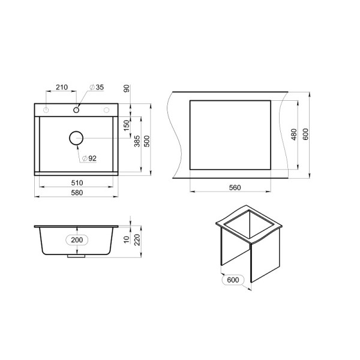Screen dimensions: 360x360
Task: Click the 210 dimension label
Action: click(62, 87)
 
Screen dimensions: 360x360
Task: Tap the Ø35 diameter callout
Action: click(97, 87)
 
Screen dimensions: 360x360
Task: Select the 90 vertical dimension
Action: click(127, 88)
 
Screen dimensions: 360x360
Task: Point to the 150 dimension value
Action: click(127, 125)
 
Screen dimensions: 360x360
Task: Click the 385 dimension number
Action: click(137, 141)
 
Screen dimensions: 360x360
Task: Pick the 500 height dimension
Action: click(147, 141)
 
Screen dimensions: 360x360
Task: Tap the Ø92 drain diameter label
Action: click(89, 158)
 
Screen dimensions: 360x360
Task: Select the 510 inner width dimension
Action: click(77, 183)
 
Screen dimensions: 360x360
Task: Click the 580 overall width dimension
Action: click(77, 193)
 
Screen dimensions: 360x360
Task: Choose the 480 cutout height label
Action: click(294, 134)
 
